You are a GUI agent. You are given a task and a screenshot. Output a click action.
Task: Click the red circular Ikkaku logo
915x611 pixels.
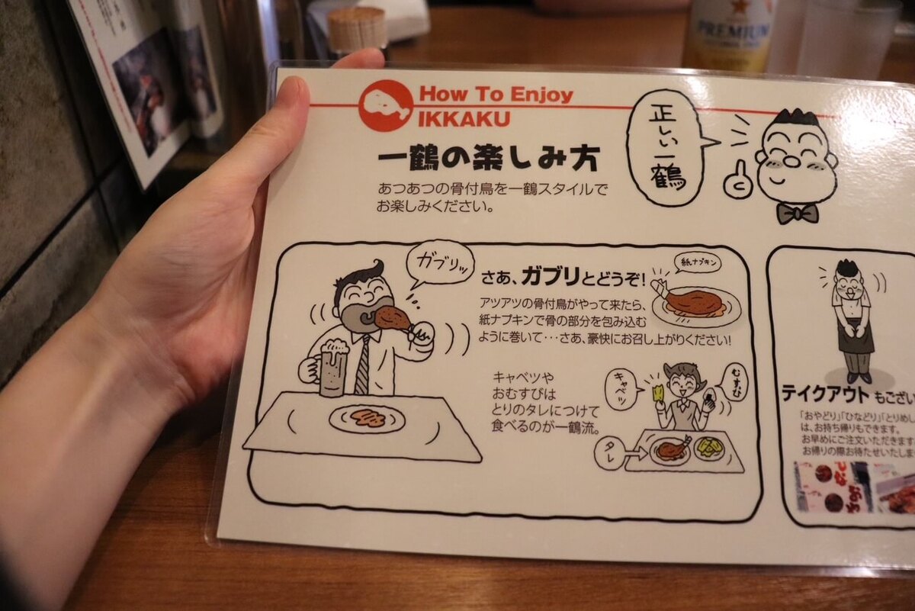click(x=386, y=106)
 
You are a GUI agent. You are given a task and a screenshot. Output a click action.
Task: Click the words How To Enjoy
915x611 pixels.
click(x=496, y=95)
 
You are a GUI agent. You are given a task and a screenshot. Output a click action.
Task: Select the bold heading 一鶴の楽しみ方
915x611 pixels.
click(x=488, y=160)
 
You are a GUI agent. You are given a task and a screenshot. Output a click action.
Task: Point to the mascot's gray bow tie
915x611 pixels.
click(x=798, y=213)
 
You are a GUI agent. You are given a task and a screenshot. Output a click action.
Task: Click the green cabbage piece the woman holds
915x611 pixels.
click(x=659, y=393)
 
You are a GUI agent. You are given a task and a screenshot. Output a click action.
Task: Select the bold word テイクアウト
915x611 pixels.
click(x=824, y=394)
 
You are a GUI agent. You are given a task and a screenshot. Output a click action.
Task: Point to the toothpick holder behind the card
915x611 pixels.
click(x=357, y=29)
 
